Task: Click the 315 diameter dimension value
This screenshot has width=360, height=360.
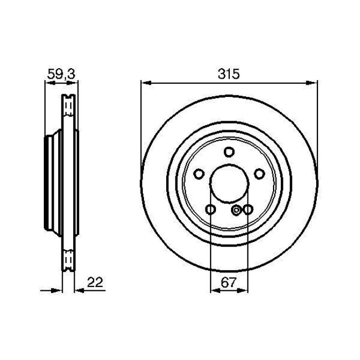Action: pyautogui.click(x=229, y=72)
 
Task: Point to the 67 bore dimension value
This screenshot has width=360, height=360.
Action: pyautogui.click(x=229, y=282)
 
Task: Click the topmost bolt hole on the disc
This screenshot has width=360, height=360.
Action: pyautogui.click(x=229, y=152)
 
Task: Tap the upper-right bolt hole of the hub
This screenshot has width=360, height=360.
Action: pyautogui.click(x=259, y=174)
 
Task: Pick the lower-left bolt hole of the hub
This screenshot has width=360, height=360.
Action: pyautogui.click(x=210, y=209)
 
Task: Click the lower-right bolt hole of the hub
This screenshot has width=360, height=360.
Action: pyautogui.click(x=248, y=209)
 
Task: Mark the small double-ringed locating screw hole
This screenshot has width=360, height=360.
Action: pyautogui.click(x=237, y=209)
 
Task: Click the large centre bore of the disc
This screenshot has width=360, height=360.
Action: pyautogui.click(x=229, y=183)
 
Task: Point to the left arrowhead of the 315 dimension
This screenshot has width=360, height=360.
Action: pyautogui.click(x=145, y=83)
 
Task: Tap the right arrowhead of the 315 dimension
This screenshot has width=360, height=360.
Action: pyautogui.click(x=314, y=83)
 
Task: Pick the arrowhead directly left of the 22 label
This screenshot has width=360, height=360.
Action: pyautogui.click(x=79, y=289)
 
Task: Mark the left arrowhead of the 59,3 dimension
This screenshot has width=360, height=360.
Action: pyautogui.click(x=48, y=83)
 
